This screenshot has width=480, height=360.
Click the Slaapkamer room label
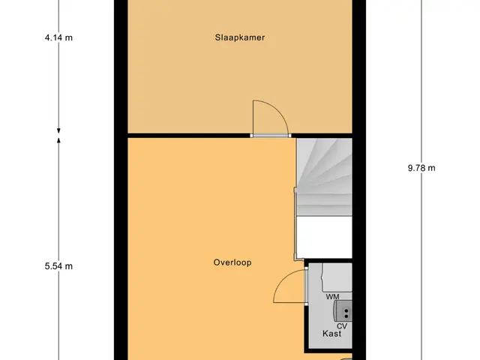(x=240, y=37)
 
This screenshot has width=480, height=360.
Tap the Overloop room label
(x=232, y=262)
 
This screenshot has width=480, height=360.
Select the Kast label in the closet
(x=331, y=333)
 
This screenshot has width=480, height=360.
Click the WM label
(x=332, y=297)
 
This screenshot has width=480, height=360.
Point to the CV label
(x=342, y=326)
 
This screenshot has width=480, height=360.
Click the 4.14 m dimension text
(x=58, y=37)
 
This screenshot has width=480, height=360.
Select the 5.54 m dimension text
(x=58, y=266)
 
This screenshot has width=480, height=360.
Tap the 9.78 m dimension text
(x=421, y=168)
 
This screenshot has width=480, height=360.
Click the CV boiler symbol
(x=343, y=310)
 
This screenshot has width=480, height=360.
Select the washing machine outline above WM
(x=337, y=277)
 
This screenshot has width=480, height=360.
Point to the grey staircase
(x=325, y=177)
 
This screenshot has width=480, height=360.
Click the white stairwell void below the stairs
(x=325, y=237)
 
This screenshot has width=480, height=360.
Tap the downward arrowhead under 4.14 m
(x=58, y=130)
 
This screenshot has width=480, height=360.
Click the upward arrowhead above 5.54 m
(x=58, y=140)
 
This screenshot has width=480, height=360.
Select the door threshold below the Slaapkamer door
(x=271, y=136)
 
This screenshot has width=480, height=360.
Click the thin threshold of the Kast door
(x=305, y=286)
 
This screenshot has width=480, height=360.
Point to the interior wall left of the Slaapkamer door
(x=188, y=136)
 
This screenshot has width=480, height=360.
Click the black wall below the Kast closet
(x=328, y=351)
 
